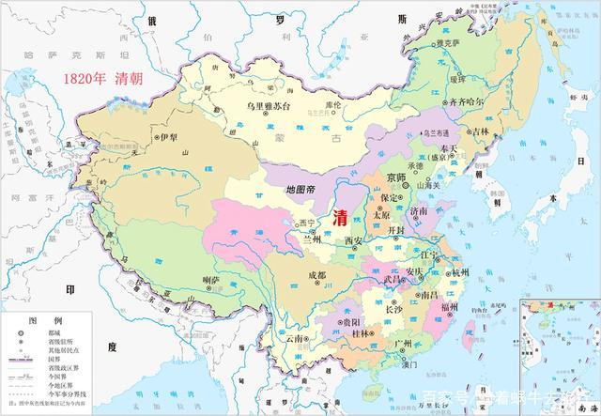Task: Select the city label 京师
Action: pos(396,177)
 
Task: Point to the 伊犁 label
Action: pos(169,137)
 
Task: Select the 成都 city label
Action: pos(316,275)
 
